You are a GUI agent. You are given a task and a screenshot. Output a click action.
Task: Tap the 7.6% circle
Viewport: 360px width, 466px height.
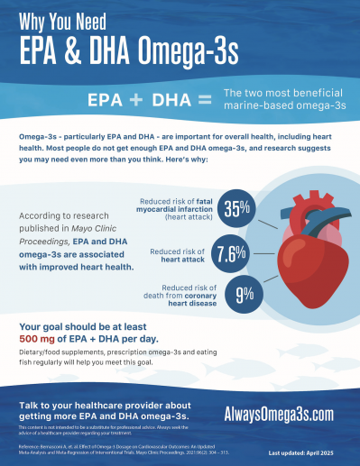(x=232, y=253)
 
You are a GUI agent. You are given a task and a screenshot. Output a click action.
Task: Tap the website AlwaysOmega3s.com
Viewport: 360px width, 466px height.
(x=281, y=412)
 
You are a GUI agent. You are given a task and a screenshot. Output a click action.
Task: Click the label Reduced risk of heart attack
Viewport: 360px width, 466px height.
(x=179, y=253)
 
